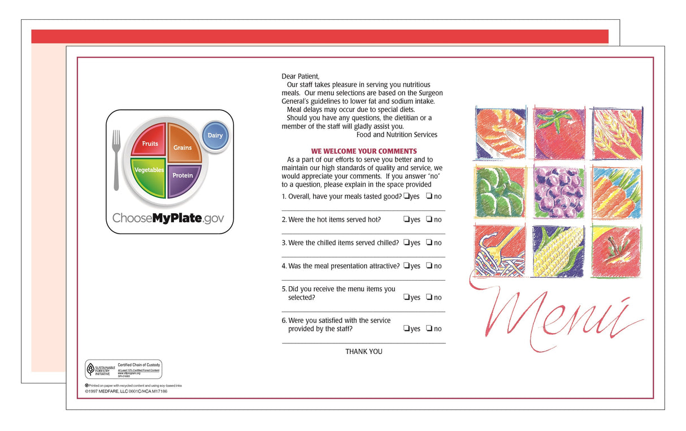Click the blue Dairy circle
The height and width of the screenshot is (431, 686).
tap(215, 136)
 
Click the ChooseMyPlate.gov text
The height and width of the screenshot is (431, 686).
tap(168, 218)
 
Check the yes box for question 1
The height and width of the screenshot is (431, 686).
tap(406, 196)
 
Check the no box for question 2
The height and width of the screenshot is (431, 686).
tap(429, 219)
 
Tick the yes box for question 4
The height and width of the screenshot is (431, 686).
tap(406, 266)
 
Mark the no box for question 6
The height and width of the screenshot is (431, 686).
tap(429, 329)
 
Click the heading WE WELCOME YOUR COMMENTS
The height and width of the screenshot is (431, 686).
tap(363, 151)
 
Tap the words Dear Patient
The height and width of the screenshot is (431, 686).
tap(300, 76)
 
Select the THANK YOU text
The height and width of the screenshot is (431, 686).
tap(363, 351)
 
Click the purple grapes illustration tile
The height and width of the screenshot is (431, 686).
tap(559, 192)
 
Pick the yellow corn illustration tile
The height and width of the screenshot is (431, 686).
tap(559, 251)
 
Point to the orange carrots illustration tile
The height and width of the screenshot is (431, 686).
tap(616, 192)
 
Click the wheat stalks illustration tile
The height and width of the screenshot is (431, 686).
tap(616, 133)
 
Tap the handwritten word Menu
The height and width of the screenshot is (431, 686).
tap(559, 314)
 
